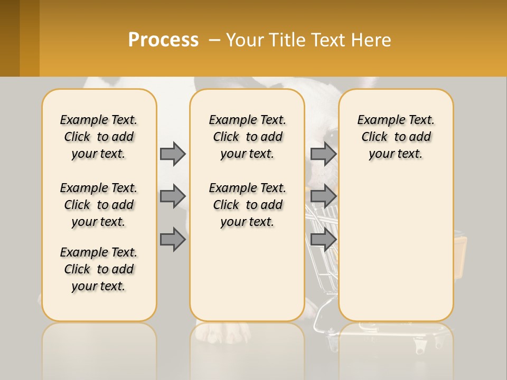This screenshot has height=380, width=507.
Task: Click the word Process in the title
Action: (x=163, y=40)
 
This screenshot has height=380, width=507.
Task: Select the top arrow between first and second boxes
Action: (x=173, y=154)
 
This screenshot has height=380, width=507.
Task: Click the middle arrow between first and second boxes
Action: (x=173, y=196)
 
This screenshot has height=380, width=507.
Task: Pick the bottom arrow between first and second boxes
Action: (x=173, y=240)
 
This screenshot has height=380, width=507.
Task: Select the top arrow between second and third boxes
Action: (x=323, y=154)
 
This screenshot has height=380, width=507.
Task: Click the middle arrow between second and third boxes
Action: (x=323, y=196)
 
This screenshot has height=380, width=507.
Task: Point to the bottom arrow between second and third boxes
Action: (x=323, y=240)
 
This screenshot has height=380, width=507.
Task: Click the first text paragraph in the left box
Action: (x=99, y=137)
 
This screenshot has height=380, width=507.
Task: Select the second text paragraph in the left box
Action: (x=99, y=205)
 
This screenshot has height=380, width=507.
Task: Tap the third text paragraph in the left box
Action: (x=99, y=269)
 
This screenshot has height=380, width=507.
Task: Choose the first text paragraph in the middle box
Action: (x=247, y=137)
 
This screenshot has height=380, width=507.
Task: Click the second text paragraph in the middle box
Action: (x=247, y=205)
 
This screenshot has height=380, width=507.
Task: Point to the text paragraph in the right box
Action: (x=396, y=137)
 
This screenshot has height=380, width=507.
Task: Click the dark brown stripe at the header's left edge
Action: (x=10, y=38)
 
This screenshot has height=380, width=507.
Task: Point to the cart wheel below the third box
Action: (x=420, y=349)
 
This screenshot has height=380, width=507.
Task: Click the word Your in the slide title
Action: (x=245, y=40)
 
